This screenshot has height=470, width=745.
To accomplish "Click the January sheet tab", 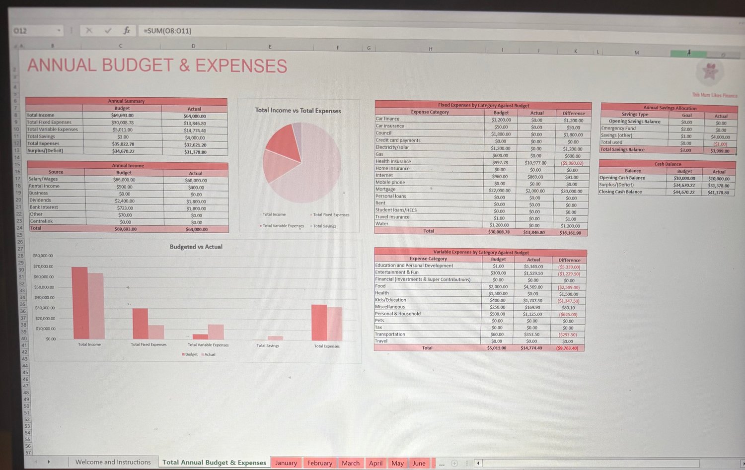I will tap(286, 463).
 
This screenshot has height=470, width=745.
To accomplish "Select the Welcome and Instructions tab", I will tap(113, 462).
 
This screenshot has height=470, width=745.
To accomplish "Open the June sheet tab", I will tap(419, 463).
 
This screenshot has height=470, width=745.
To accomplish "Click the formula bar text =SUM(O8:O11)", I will tap(167, 31).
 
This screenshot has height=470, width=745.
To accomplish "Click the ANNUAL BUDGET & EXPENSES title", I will tap(157, 66).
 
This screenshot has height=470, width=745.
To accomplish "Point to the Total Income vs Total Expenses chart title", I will tap(298, 111).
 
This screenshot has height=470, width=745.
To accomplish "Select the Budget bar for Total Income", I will tap(79, 303).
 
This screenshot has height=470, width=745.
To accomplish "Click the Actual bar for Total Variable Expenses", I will tap(216, 332).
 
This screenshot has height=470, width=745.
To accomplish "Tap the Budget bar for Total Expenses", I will tap(319, 322).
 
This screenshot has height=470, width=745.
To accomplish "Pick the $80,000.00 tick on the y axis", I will tap(43, 256).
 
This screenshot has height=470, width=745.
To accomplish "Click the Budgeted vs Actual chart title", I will tap(196, 247).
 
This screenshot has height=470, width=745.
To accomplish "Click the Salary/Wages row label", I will tap(43, 179).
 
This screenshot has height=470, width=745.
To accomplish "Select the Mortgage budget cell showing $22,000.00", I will tap(500, 191).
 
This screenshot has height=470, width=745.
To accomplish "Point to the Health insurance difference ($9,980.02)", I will tap(572, 163).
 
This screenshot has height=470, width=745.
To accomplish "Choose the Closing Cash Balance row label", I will tap(620, 192).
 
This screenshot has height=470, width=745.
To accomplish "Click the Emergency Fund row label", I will tap(618, 128).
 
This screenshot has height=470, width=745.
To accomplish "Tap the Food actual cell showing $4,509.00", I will tap(533, 287).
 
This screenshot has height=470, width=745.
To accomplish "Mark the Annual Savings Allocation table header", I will tap(670, 108).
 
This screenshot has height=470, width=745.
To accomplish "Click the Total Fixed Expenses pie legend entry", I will tap(331, 215).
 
